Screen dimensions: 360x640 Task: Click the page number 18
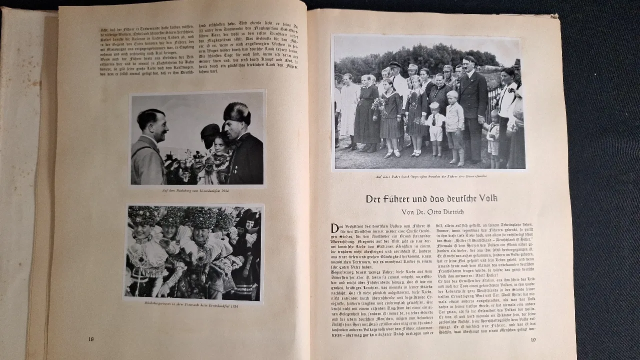(91, 339)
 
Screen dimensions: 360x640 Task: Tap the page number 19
(534, 340)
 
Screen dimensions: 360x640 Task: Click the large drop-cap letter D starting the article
(335, 228)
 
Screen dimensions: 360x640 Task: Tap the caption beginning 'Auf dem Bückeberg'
(197, 191)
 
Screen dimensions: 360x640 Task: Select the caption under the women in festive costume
(193, 305)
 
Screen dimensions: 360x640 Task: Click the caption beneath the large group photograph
(429, 176)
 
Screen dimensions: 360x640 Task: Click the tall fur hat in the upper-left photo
(236, 113)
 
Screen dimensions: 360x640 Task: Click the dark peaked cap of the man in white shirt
(395, 64)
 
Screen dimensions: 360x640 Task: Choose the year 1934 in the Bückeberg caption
(225, 191)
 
